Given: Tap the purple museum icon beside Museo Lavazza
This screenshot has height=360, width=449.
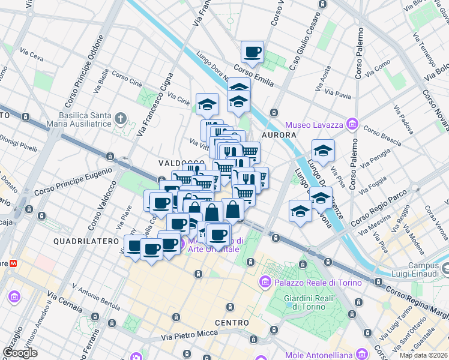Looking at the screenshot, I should pos(352,124).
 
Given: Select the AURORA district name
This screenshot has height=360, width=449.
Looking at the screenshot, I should pos(279,136).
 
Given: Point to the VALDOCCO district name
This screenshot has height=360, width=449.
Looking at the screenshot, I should pos(178,163).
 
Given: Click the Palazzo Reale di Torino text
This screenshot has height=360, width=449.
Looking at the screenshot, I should pos(318,283).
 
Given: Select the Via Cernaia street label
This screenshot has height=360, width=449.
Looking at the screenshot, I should pos(65,304).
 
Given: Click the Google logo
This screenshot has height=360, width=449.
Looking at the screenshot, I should pos(20,353).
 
